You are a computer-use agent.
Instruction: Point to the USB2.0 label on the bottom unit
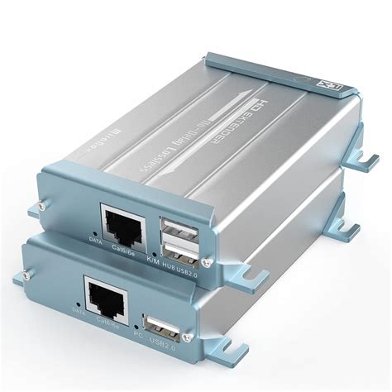click(170, 342)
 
